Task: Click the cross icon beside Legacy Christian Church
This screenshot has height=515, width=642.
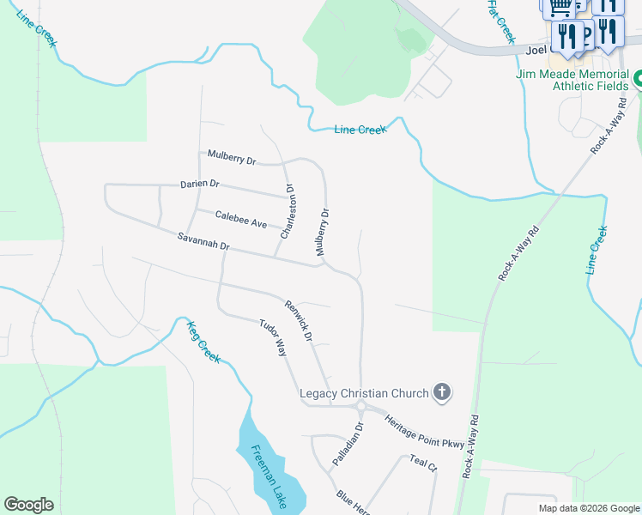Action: (442, 393)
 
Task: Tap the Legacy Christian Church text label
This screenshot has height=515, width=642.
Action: (363, 394)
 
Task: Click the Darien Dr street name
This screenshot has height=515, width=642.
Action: (200, 185)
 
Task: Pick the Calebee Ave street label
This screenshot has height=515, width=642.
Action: (241, 221)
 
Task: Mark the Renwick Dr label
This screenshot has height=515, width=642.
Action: (299, 320)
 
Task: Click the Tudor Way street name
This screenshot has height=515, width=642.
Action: (272, 338)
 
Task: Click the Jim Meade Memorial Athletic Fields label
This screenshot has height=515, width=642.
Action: (573, 80)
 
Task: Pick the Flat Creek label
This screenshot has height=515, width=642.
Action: (501, 21)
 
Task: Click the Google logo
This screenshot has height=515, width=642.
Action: (28, 505)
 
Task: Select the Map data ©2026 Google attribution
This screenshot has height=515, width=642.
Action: (589, 508)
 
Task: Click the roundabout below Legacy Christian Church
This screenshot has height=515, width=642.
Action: (361, 407)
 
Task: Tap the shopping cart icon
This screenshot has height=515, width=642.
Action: (560, 8)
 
